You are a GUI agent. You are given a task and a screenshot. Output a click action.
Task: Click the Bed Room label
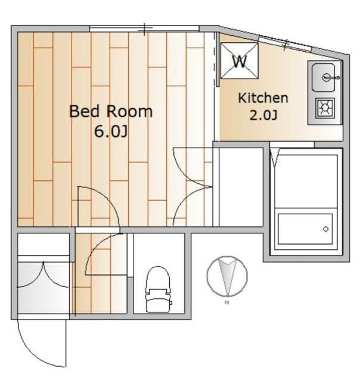[111, 111]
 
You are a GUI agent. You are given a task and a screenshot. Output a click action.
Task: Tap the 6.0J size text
[111, 132]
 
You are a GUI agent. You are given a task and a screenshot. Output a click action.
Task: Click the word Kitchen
[263, 98]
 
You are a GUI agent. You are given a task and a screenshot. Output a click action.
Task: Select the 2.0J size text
[263, 115]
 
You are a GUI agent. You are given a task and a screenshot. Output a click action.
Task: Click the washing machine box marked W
[239, 61]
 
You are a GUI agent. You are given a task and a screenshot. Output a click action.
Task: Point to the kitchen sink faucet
[330, 78]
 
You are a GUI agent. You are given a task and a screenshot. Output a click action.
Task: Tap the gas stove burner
[325, 108]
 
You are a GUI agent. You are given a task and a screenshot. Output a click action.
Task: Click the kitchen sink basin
[323, 77]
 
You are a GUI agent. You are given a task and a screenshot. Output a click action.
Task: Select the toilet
[158, 289]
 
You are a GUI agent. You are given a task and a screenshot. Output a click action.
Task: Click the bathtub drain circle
[325, 229]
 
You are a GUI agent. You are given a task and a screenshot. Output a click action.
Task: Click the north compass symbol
[227, 276]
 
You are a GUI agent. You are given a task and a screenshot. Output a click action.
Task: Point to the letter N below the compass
[227, 302]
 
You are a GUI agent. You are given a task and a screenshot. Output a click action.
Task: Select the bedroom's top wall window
[144, 29]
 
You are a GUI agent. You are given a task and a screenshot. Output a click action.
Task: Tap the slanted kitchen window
[285, 43]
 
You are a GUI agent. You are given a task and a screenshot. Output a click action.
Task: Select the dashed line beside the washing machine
[215, 58]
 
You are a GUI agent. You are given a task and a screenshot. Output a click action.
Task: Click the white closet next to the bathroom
[241, 187]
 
